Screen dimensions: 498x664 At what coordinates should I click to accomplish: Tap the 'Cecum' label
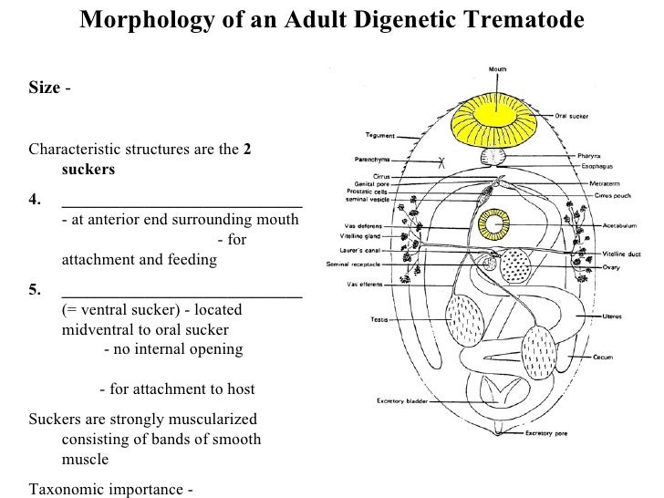click(605, 358)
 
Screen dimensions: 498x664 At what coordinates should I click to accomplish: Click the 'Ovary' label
click(611, 268)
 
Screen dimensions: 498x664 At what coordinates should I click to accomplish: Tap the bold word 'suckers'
click(88, 170)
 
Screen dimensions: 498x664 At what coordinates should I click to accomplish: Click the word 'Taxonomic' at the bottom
click(66, 488)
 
